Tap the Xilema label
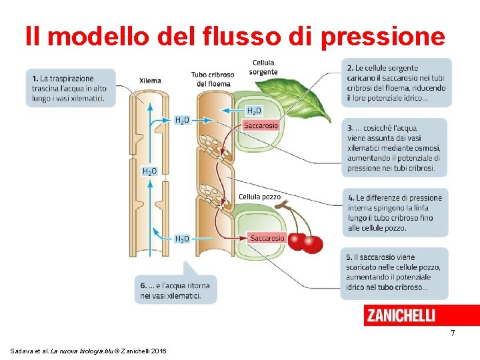point(150,81)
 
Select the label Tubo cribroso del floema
point(212,79)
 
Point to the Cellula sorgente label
point(263,67)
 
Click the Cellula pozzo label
point(259,197)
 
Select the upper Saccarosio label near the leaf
point(261,125)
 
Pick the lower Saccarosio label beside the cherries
point(267,238)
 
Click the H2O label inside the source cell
point(255,111)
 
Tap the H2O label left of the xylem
point(150,171)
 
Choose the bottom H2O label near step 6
point(182,239)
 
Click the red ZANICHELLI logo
point(401,315)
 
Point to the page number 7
point(453,333)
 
